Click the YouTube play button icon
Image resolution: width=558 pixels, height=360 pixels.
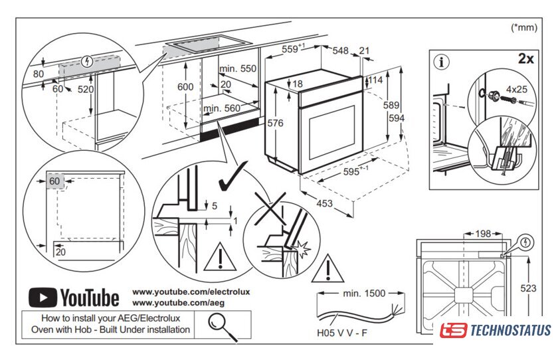point(43,296)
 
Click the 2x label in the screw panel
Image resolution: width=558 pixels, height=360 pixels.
point(526,58)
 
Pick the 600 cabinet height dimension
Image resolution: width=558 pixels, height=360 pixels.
point(185,87)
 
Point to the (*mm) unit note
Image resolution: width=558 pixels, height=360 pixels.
point(523,27)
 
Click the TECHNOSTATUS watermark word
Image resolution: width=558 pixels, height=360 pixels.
point(510,330)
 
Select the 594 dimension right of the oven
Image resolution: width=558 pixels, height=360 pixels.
point(397,118)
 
